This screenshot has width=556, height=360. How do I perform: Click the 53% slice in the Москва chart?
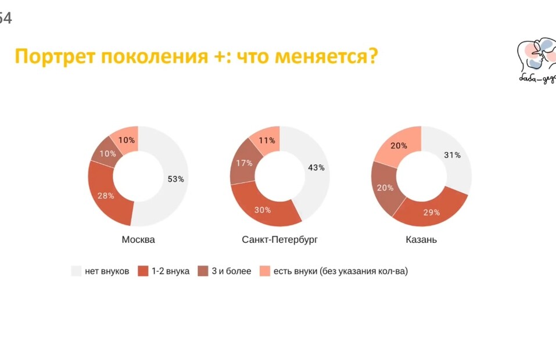click(174, 179)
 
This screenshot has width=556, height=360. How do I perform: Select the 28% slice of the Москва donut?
click(106, 196)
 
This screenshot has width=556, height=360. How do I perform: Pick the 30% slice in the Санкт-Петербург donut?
click(263, 209)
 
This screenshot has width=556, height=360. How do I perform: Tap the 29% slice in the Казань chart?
click(431, 212)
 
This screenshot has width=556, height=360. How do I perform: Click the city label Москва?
click(138, 240)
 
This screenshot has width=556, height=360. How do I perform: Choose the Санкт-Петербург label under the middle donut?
click(280, 240)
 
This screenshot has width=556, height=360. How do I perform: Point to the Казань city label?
click(421, 240)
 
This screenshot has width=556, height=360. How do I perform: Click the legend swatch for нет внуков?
click(76, 271)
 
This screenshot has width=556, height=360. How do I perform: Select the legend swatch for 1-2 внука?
click(142, 271)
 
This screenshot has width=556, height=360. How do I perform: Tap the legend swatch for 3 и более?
click(203, 271)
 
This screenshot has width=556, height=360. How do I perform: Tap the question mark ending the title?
click(372, 56)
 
